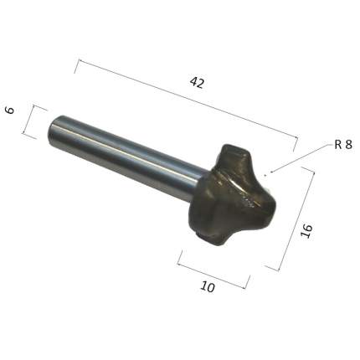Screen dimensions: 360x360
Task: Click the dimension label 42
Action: tap(197, 83)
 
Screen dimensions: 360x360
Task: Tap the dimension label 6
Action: tap(10, 111)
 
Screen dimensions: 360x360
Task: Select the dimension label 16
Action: tap(306, 231)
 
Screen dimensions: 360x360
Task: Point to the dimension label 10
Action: tap(208, 286)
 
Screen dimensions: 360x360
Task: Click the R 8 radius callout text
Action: tap(343, 145)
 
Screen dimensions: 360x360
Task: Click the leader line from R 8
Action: tap(301, 158)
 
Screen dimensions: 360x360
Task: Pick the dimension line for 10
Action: tap(213, 273)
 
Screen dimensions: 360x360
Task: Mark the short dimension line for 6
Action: tap(29, 120)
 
